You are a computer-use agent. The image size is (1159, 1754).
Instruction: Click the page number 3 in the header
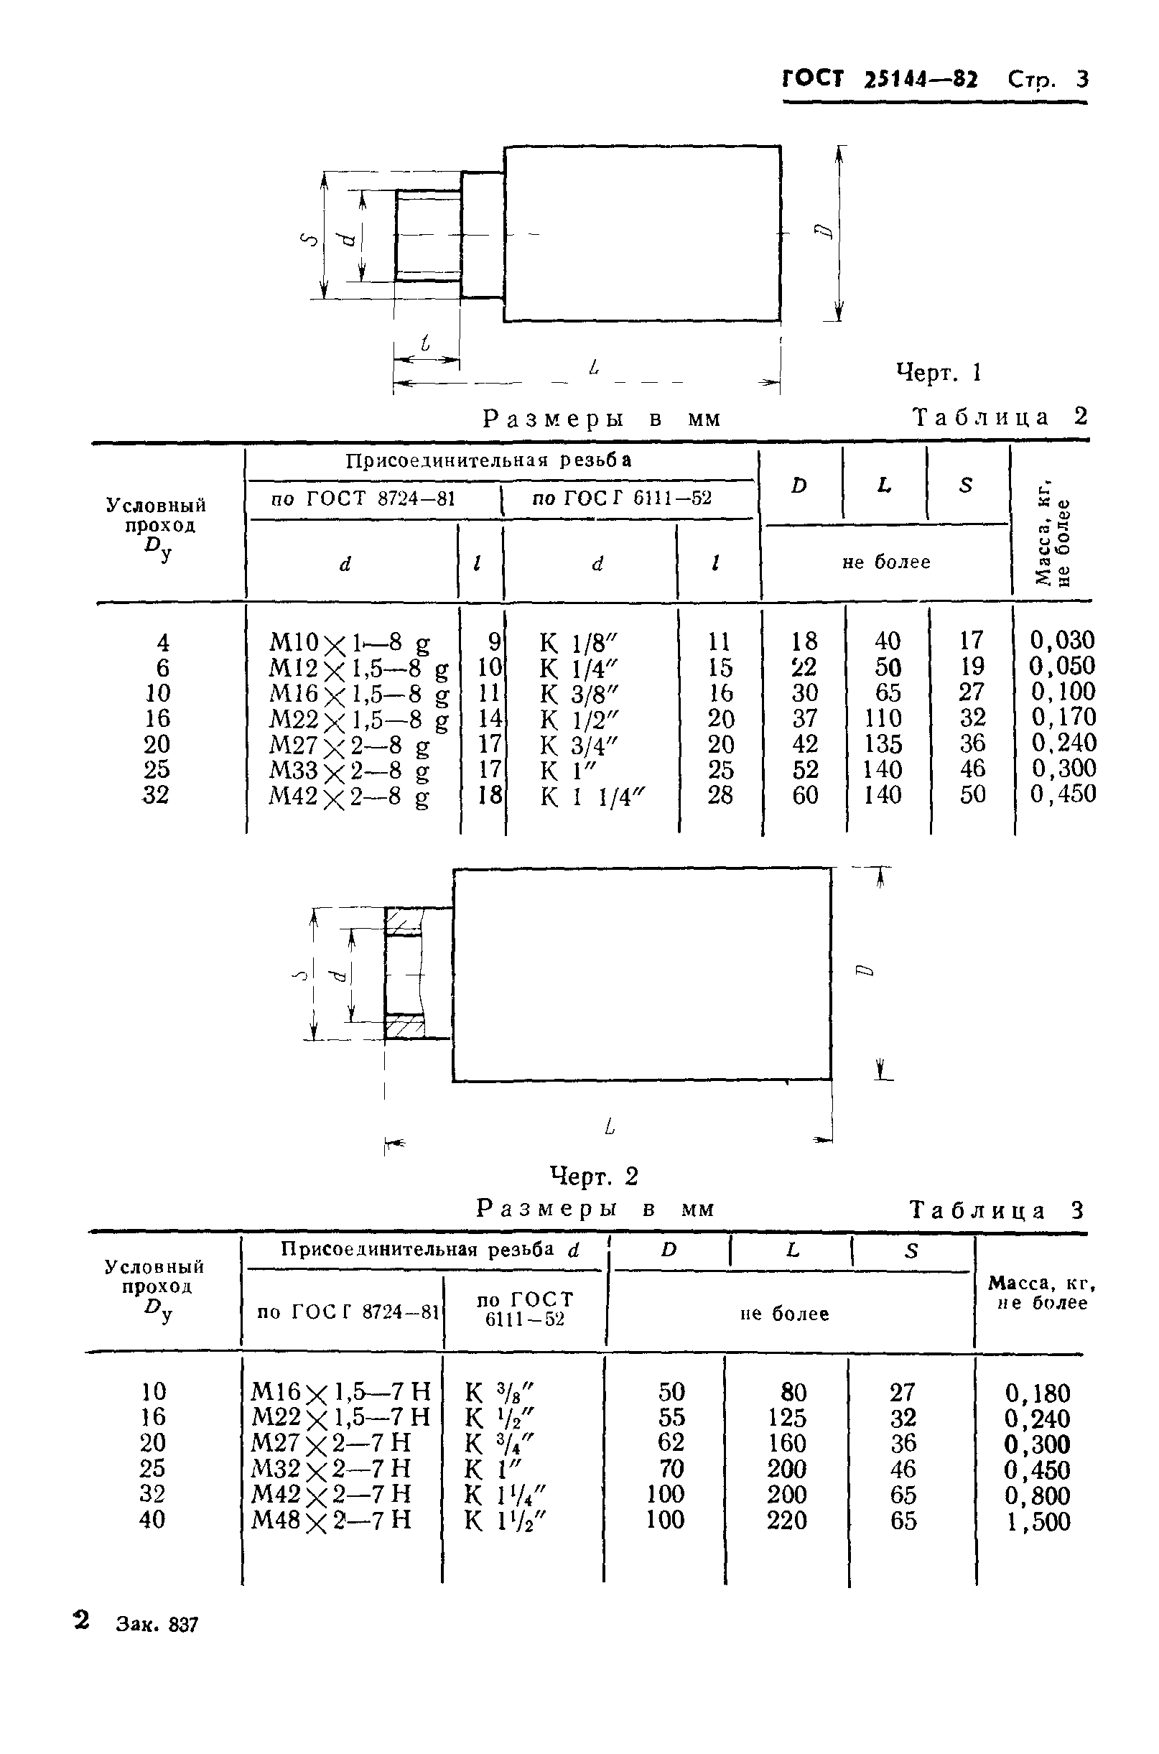(x=1081, y=79)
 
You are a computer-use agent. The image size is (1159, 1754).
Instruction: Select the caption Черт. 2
(x=594, y=1175)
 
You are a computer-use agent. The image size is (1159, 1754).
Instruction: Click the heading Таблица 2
(x=1001, y=417)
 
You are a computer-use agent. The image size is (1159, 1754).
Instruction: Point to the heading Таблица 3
(x=997, y=1210)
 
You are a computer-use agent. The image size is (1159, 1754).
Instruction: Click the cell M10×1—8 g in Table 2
(x=349, y=641)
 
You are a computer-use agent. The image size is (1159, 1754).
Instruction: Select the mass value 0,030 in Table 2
(x=1062, y=640)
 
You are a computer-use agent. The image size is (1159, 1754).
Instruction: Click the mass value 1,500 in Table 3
(x=1038, y=1522)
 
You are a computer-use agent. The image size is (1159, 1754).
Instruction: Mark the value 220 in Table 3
(x=786, y=1521)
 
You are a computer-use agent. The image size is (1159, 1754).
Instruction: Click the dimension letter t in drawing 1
(x=425, y=343)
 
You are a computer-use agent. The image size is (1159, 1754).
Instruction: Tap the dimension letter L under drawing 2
(x=610, y=1126)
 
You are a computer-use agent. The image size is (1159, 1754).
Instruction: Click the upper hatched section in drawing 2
(x=404, y=921)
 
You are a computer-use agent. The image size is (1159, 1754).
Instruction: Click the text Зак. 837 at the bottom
(x=157, y=1625)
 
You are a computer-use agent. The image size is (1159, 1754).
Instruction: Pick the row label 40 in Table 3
(x=152, y=1520)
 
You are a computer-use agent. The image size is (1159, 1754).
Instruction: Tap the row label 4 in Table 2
(x=162, y=641)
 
